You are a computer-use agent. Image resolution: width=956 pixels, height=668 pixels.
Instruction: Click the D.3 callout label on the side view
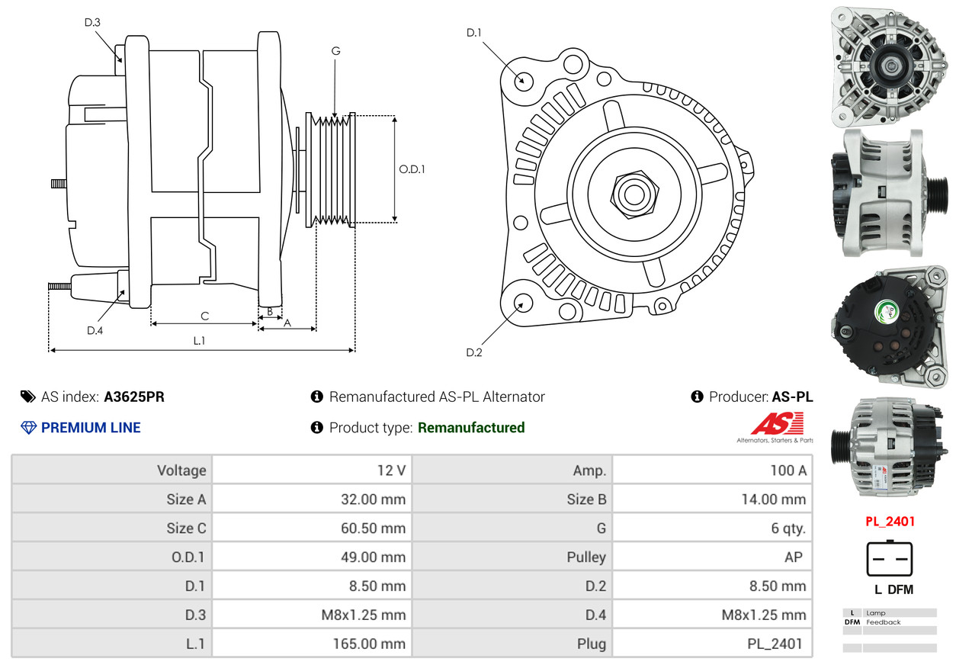92,22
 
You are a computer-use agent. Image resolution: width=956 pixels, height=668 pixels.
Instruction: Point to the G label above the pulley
335,51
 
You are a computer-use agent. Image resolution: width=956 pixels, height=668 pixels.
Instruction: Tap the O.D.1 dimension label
412,169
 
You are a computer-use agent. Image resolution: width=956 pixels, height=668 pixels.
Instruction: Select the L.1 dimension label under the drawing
199,341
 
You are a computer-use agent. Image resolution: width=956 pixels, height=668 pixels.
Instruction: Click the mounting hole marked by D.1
523,80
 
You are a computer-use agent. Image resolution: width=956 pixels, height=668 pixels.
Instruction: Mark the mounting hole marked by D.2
522,303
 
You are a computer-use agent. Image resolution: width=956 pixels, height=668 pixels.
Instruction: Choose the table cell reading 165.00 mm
368,644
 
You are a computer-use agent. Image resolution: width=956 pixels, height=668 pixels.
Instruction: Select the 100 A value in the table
788,470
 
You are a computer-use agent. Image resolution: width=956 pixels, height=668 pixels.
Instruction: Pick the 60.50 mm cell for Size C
373,528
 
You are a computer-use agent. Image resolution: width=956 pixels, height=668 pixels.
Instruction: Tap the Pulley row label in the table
586,557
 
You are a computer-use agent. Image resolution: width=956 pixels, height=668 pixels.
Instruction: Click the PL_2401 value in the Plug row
775,644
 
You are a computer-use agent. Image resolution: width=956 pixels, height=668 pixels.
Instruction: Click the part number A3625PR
134,397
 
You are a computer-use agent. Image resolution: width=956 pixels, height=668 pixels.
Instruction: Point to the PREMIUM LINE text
91,428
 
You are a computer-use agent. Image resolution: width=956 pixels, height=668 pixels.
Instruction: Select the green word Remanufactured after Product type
471,428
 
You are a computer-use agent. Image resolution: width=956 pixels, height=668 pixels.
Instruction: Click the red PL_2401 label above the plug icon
890,522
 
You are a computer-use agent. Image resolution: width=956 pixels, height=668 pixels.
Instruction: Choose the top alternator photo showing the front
889,66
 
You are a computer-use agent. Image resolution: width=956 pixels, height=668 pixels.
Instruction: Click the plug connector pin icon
890,559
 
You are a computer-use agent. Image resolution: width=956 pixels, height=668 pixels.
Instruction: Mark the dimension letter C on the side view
204,316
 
